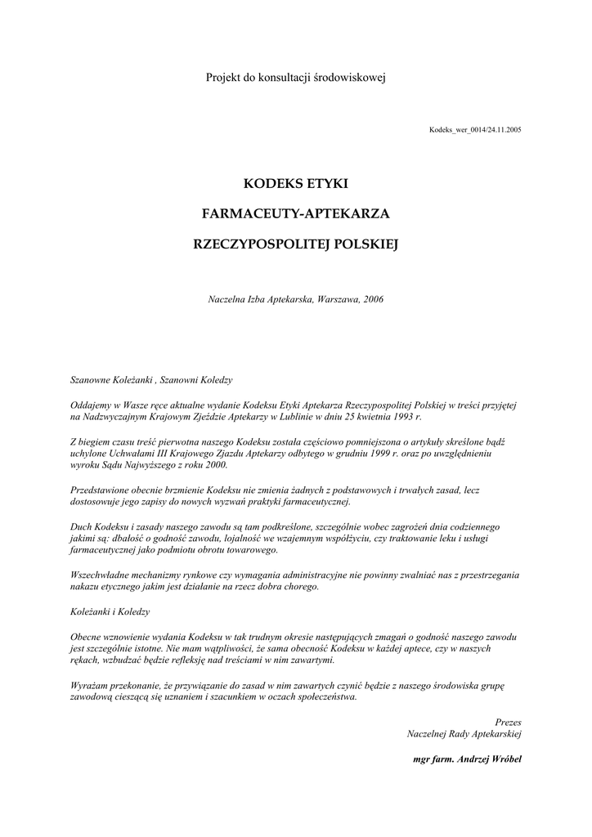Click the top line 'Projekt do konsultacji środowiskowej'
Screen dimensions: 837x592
[295, 78]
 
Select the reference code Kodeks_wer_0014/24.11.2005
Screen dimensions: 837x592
[475, 130]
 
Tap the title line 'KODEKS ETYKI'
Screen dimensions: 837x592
[295, 184]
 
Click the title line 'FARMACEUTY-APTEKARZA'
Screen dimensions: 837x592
[295, 213]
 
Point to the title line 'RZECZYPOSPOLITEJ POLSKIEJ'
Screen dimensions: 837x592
[295, 244]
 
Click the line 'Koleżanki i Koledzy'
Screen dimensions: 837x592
[110, 611]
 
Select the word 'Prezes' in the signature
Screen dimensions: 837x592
[508, 722]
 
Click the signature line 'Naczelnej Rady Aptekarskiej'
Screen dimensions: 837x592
[464, 734]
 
